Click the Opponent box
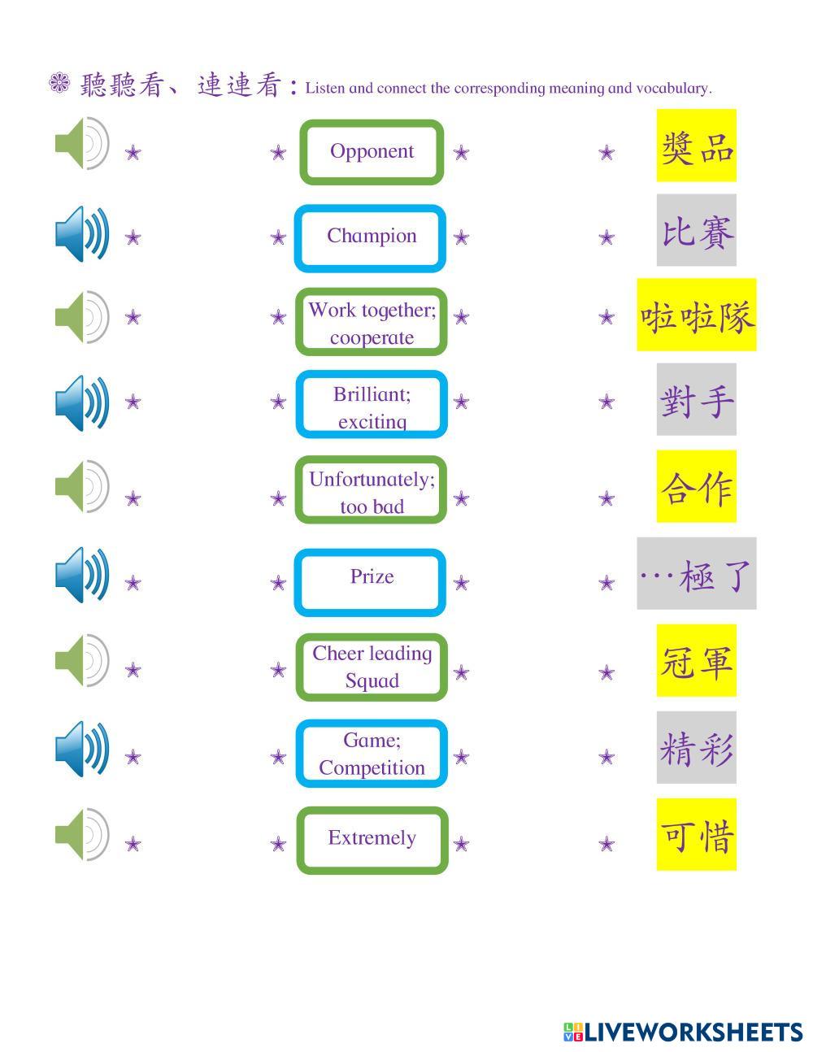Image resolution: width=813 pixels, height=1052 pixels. pos(372,151)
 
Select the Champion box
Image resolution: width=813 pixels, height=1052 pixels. pos(372,237)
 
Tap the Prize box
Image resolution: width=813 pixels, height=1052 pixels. pos(372,580)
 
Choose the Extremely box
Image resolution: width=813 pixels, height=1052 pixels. pos(372,839)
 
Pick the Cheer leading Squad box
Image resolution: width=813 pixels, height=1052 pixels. pos(372,667)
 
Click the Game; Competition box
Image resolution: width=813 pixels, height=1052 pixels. pos(372,754)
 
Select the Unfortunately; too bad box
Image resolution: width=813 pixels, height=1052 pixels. pos(372,491)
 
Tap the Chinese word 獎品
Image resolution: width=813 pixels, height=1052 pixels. pos(697,146)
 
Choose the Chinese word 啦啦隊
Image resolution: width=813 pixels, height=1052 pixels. pos(697,315)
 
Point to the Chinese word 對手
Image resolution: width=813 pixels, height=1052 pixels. pos(697,400)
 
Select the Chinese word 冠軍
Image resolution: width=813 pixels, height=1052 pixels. pos(697,661)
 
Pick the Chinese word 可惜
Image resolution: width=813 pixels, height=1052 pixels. pos(697,835)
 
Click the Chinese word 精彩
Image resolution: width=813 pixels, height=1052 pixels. pos(697,748)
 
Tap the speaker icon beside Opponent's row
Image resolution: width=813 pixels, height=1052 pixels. pos(81,144)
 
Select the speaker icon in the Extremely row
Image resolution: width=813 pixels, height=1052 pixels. pos(81,834)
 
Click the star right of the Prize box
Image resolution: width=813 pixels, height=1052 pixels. pos(461,583)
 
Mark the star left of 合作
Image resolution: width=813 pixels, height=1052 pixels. pos(606,498)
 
